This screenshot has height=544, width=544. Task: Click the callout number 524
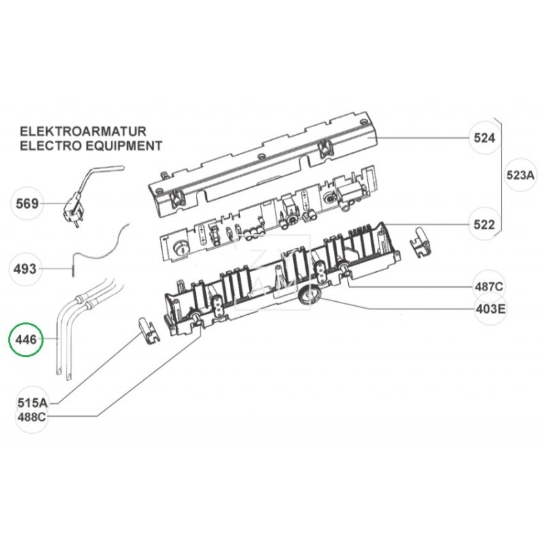[x=485, y=139]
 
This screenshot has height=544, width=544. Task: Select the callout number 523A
[x=521, y=175]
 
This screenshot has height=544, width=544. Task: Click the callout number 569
[x=27, y=203]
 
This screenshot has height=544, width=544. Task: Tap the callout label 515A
[x=31, y=403]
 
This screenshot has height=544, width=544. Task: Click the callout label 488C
[x=31, y=416]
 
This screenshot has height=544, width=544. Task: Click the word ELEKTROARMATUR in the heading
[x=83, y=131]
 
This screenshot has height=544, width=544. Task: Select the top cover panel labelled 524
[x=265, y=163]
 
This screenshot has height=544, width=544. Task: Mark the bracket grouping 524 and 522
[x=502, y=175]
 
